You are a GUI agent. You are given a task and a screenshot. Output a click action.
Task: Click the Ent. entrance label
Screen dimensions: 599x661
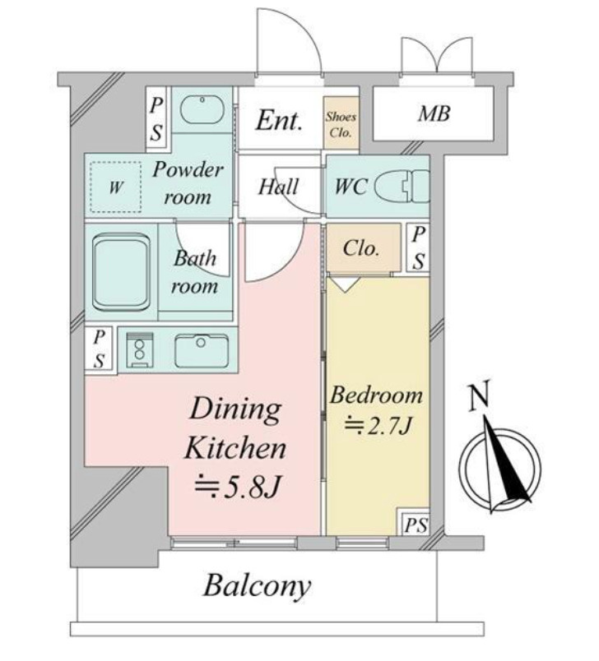click(x=279, y=121)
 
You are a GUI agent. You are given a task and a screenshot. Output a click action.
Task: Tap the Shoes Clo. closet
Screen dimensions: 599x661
click(x=341, y=122)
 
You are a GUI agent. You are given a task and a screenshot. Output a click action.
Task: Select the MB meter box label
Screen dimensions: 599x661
click(x=434, y=113)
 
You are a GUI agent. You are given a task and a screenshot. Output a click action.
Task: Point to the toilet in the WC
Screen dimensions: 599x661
click(x=402, y=186)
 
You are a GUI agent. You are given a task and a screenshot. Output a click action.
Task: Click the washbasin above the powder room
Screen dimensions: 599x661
click(x=202, y=109)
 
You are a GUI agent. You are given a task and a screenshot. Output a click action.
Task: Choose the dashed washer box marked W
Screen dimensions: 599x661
click(x=115, y=187)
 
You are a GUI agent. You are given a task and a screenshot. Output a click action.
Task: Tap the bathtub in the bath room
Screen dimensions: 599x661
click(x=122, y=272)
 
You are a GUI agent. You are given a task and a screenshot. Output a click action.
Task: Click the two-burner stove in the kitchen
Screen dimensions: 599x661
click(x=140, y=349)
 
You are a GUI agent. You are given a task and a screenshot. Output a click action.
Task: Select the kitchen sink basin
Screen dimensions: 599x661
click(x=202, y=351)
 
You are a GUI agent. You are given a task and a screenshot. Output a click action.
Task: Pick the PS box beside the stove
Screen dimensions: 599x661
click(x=100, y=349)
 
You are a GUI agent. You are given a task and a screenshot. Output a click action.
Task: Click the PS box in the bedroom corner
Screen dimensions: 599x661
click(x=415, y=525)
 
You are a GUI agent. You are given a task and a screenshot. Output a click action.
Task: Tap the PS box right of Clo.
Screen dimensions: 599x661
click(x=418, y=247)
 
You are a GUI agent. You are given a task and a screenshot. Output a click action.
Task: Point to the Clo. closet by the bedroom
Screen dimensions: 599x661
click(x=364, y=248)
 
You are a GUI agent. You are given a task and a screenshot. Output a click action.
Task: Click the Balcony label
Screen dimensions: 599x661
click(x=258, y=586)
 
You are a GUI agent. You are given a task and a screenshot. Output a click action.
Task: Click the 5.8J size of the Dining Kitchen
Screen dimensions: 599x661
click(x=237, y=487)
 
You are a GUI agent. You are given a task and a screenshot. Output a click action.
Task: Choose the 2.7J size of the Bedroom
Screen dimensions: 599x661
click(x=378, y=426)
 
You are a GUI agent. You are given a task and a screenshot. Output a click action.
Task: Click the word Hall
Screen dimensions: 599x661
click(x=278, y=187)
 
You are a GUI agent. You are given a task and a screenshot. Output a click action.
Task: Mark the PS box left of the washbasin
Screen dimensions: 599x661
click(x=156, y=119)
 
